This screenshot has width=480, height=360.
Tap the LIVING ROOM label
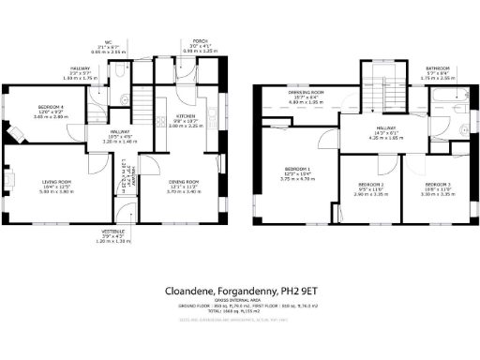click(58, 181)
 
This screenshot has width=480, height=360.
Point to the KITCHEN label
click(185, 115)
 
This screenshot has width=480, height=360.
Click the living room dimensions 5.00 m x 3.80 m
click(58, 191)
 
